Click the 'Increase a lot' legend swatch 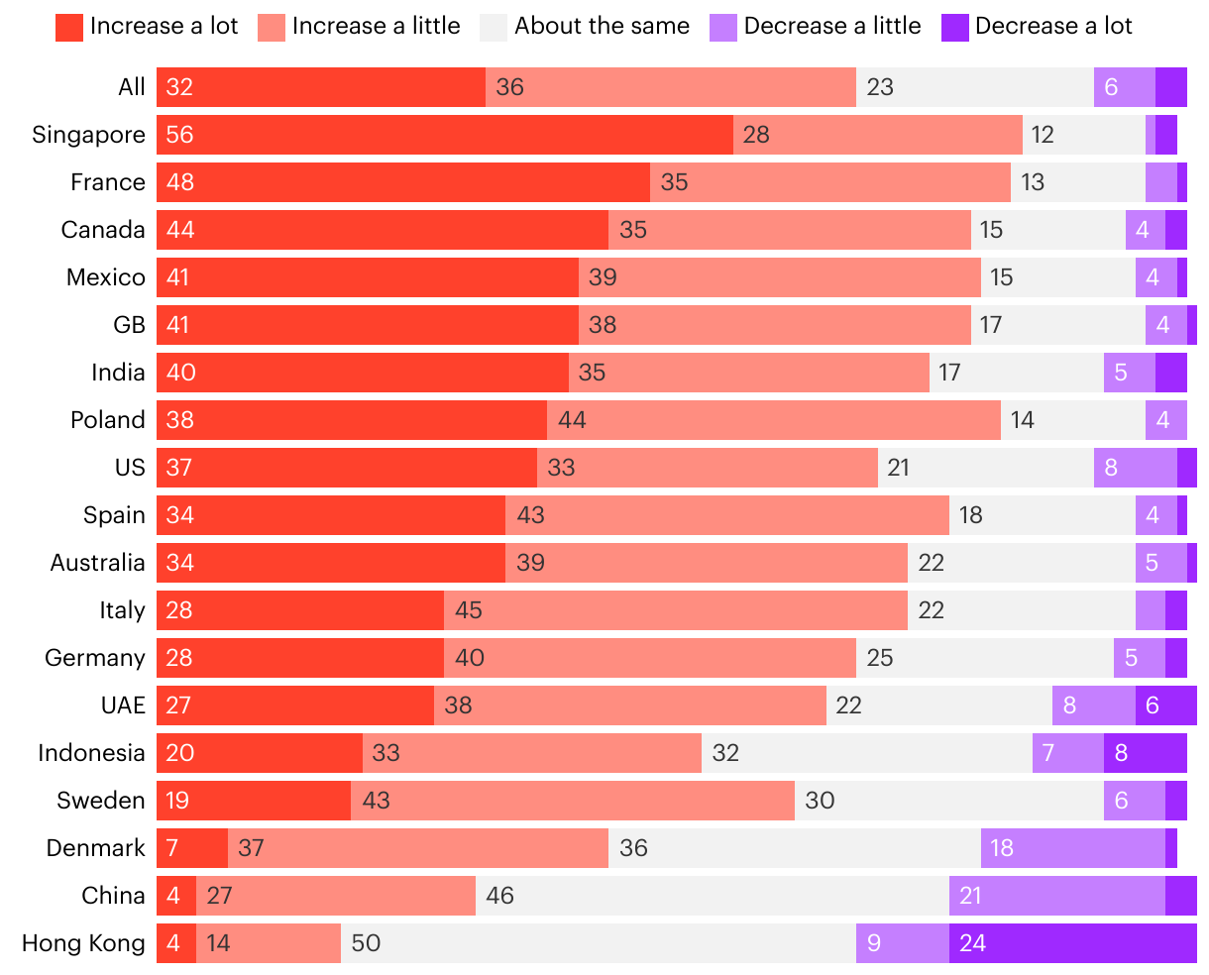69,27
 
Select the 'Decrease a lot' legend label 1053,27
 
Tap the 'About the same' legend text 602,27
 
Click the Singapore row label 88,135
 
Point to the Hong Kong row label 83,943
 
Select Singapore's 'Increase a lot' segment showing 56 445,135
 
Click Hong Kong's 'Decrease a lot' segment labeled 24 1072,943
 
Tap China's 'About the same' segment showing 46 712,896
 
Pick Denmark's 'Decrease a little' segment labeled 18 1072,848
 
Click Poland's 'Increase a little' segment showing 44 773,420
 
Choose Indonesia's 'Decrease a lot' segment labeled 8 1145,753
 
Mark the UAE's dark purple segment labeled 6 1165,705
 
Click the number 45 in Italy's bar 468,610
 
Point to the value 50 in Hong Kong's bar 366,943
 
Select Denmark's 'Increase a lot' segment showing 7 192,848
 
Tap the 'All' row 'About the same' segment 974,87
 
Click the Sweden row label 101,801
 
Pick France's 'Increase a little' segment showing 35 829,182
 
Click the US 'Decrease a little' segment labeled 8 1135,468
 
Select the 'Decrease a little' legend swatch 723,27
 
